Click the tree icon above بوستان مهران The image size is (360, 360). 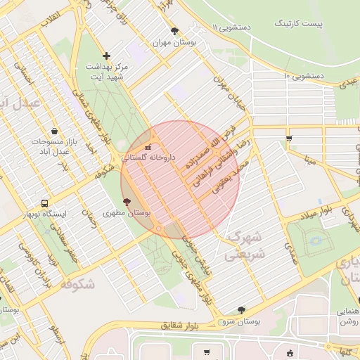(x=175, y=31)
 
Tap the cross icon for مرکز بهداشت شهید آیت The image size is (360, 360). (x=106, y=55)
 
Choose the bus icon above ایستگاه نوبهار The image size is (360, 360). (x=46, y=202)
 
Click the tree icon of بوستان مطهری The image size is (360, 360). (x=127, y=202)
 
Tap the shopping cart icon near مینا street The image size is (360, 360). (x=289, y=139)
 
